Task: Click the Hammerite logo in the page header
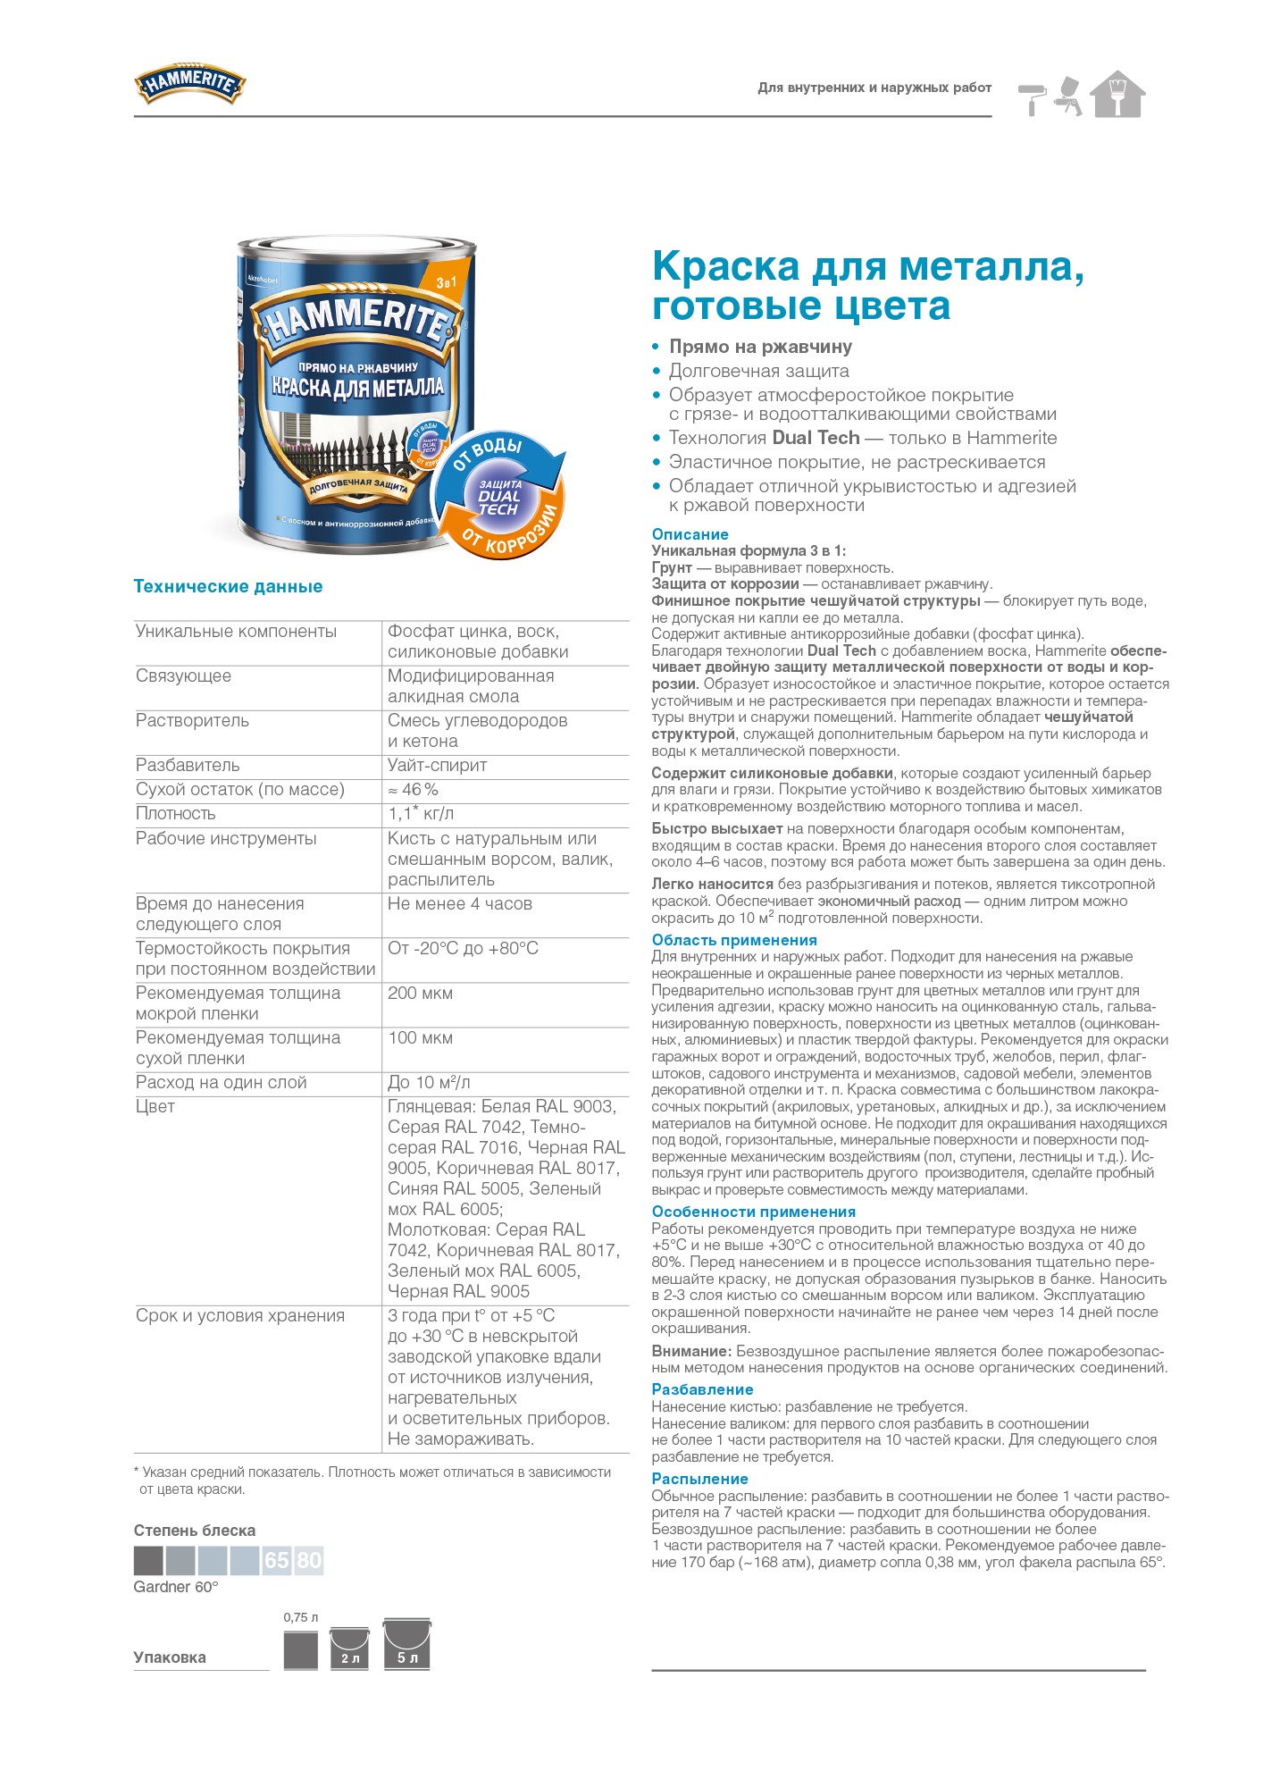coord(189,84)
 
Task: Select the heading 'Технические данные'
coord(228,586)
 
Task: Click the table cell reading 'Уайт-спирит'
coord(437,765)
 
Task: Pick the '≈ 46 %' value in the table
coord(413,789)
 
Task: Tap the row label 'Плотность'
coord(176,813)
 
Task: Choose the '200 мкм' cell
coord(420,993)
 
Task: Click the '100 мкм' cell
coord(420,1037)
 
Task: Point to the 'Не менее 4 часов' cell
coord(459,903)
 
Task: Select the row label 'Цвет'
coord(155,1106)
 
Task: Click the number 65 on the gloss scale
coord(277,1560)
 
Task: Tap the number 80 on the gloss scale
coord(309,1560)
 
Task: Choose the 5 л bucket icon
coord(406,1645)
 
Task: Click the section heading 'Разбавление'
coord(702,1389)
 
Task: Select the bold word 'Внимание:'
coord(691,1351)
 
